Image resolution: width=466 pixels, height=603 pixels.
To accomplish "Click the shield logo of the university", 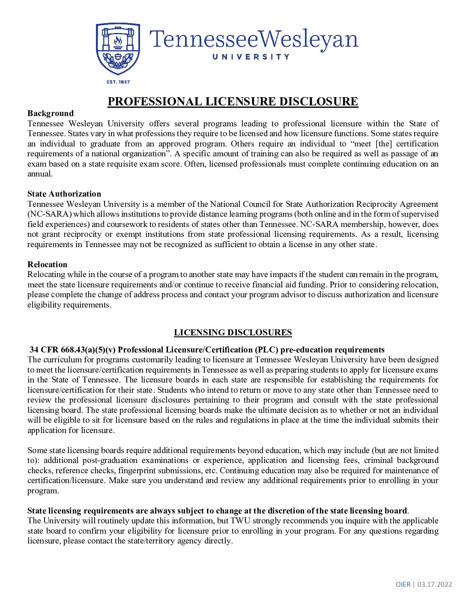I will [x=118, y=48].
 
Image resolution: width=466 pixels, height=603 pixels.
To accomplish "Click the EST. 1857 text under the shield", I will [x=118, y=82].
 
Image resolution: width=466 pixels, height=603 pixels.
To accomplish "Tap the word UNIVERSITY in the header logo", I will [x=251, y=57].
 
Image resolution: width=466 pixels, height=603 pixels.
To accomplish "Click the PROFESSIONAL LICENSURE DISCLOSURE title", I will [x=233, y=101].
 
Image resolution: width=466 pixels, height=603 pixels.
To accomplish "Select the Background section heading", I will [x=51, y=113].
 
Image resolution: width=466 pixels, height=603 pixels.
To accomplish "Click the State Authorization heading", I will [x=64, y=194].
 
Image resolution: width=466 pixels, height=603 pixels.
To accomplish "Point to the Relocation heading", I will [x=47, y=265].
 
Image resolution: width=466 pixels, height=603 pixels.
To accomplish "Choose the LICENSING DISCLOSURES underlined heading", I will [x=233, y=333].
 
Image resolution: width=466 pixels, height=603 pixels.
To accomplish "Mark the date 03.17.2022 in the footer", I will [x=435, y=585].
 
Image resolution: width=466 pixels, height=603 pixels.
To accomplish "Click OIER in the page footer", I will [x=403, y=585].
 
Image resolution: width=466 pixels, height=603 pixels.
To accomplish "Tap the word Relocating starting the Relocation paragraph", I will [x=46, y=275].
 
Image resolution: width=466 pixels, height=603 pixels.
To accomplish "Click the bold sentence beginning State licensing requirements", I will [x=217, y=511].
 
